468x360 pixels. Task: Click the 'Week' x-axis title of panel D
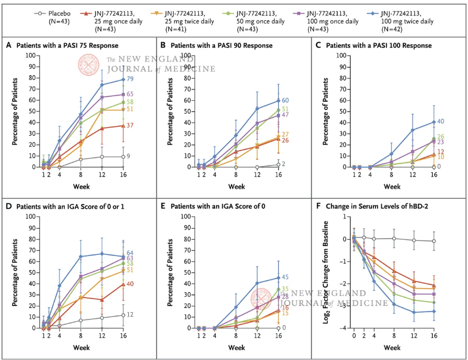(81, 347)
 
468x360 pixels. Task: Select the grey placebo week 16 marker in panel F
(434, 241)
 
